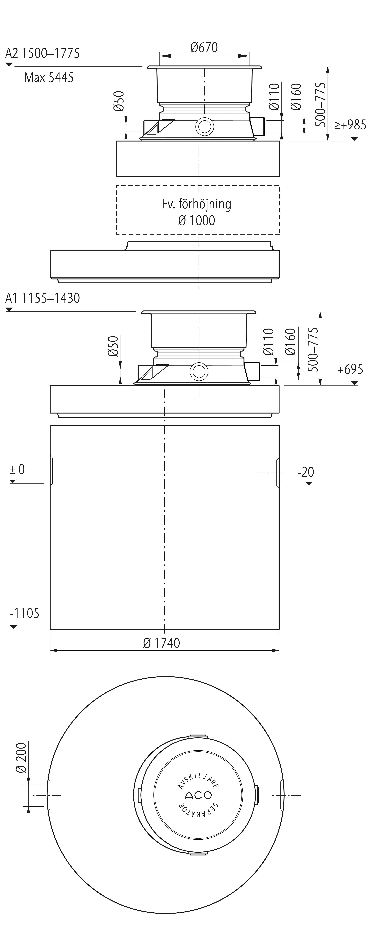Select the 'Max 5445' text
coord(49,77)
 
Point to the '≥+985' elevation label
coord(350,125)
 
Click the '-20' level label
coord(306,472)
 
